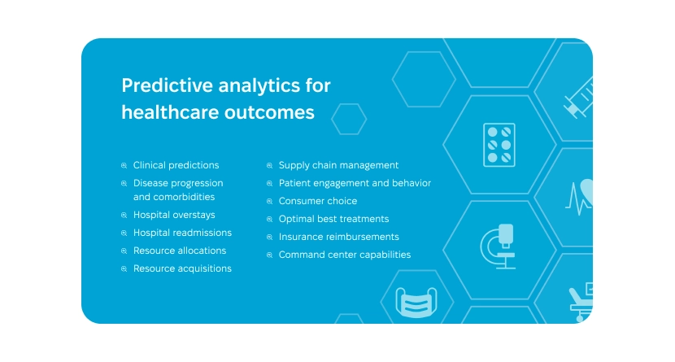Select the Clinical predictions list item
[176, 165]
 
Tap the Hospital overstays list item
[174, 215]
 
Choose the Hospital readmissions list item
[182, 233]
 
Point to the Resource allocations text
[180, 251]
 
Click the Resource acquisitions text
[182, 268]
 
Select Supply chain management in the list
[338, 165]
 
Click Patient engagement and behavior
[355, 183]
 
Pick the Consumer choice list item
[317, 201]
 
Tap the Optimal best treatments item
[333, 219]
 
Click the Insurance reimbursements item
[338, 237]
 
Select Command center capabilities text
[344, 255]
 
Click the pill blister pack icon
[499, 145]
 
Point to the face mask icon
[416, 303]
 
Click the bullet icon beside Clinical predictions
[124, 166]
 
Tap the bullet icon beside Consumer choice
[270, 202]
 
